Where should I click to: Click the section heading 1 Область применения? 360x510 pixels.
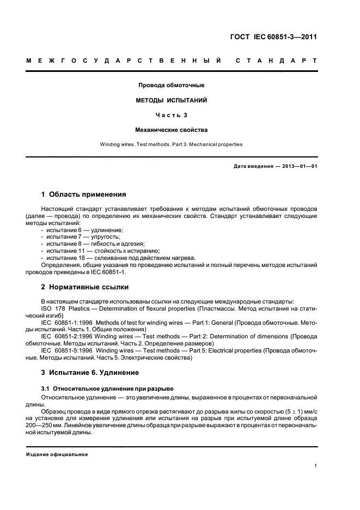pos(84,194)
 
